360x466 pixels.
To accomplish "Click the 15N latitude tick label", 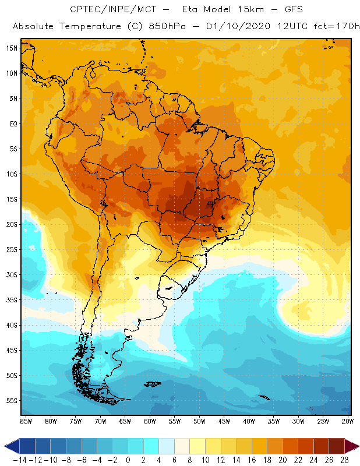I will click(12, 48).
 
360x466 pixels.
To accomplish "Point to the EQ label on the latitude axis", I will click(13, 123).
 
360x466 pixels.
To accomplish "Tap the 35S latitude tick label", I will click(12, 299).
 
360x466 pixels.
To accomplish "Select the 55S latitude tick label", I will click(12, 400).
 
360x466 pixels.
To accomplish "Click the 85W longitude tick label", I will click(26, 421).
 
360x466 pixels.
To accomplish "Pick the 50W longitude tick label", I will click(199, 421).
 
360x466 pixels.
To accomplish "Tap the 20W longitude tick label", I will click(348, 421).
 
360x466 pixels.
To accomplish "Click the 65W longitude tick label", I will click(125, 421).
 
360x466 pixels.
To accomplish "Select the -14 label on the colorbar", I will click(19, 460).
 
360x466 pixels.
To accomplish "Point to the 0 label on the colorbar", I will click(128, 460).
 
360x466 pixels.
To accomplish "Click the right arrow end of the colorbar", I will click(351, 446).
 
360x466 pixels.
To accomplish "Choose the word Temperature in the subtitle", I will click(87, 27).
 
